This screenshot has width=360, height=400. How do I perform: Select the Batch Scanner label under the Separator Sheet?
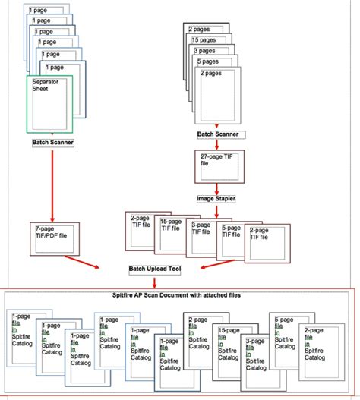pos(52,142)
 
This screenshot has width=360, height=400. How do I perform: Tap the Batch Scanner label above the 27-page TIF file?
pos(218,134)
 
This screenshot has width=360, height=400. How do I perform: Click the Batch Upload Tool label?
pos(153,269)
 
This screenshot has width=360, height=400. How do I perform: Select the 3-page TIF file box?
pos(203,237)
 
